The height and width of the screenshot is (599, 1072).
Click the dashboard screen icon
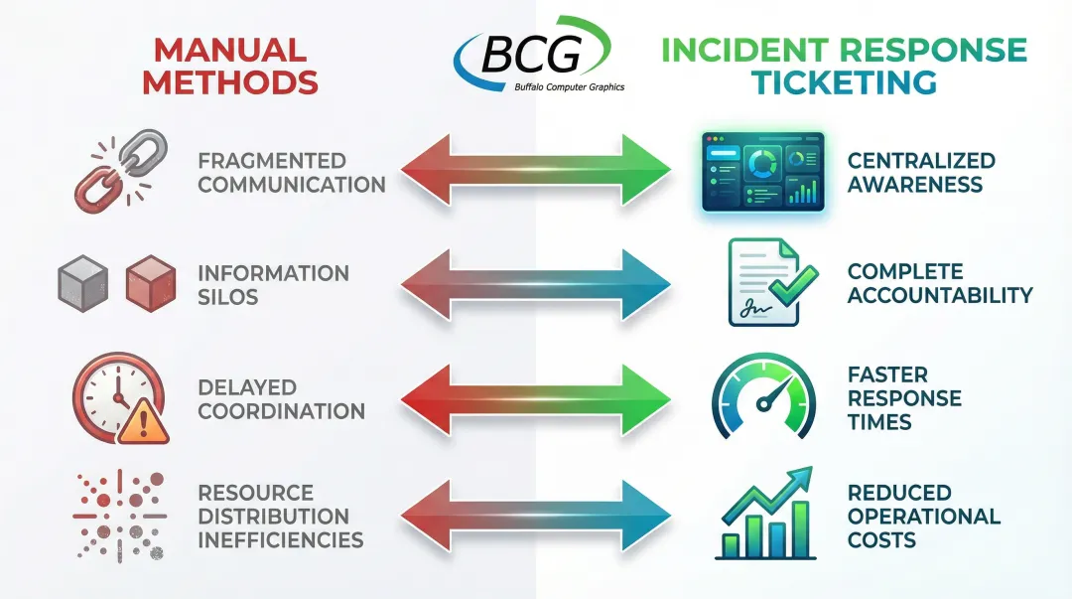[x=762, y=171]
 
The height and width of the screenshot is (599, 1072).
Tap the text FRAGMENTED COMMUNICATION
[x=290, y=172]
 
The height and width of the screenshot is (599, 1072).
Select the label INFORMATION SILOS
[x=273, y=284]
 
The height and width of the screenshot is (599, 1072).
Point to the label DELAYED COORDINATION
[x=281, y=398]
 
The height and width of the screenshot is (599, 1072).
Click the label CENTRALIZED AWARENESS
[x=920, y=172]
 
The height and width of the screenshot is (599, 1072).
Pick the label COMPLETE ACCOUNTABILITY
[x=939, y=283]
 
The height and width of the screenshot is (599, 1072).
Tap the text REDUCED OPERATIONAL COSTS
[x=923, y=517]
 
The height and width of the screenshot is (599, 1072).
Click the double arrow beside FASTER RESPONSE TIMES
[x=536, y=400]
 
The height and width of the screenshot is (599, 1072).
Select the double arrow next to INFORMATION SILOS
[x=536, y=285]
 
